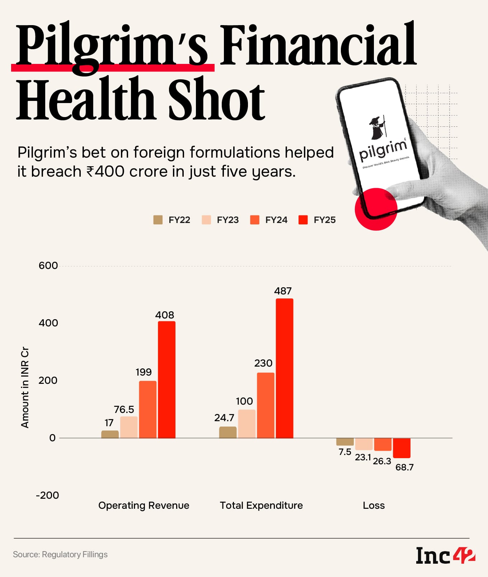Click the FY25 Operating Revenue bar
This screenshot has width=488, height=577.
pos(166,380)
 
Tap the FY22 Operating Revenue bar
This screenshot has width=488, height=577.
pos(110,434)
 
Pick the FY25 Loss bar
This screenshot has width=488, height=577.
pos(402,448)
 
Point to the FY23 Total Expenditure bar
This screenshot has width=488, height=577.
pos(247,424)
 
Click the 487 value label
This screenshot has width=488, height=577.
pos(283,291)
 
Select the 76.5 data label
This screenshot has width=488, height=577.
pos(124,409)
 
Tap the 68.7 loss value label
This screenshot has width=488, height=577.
pos(404,467)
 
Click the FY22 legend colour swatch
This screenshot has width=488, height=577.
pos(158,220)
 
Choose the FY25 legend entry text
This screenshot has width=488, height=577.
pos(324,220)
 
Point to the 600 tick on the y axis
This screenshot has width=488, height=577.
pos(48,266)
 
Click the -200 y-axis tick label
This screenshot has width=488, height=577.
pos(47,495)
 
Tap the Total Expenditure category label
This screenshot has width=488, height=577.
pos(261,505)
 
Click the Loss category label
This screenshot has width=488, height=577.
pos(374,505)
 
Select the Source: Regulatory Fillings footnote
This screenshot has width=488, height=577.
pos(60,554)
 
